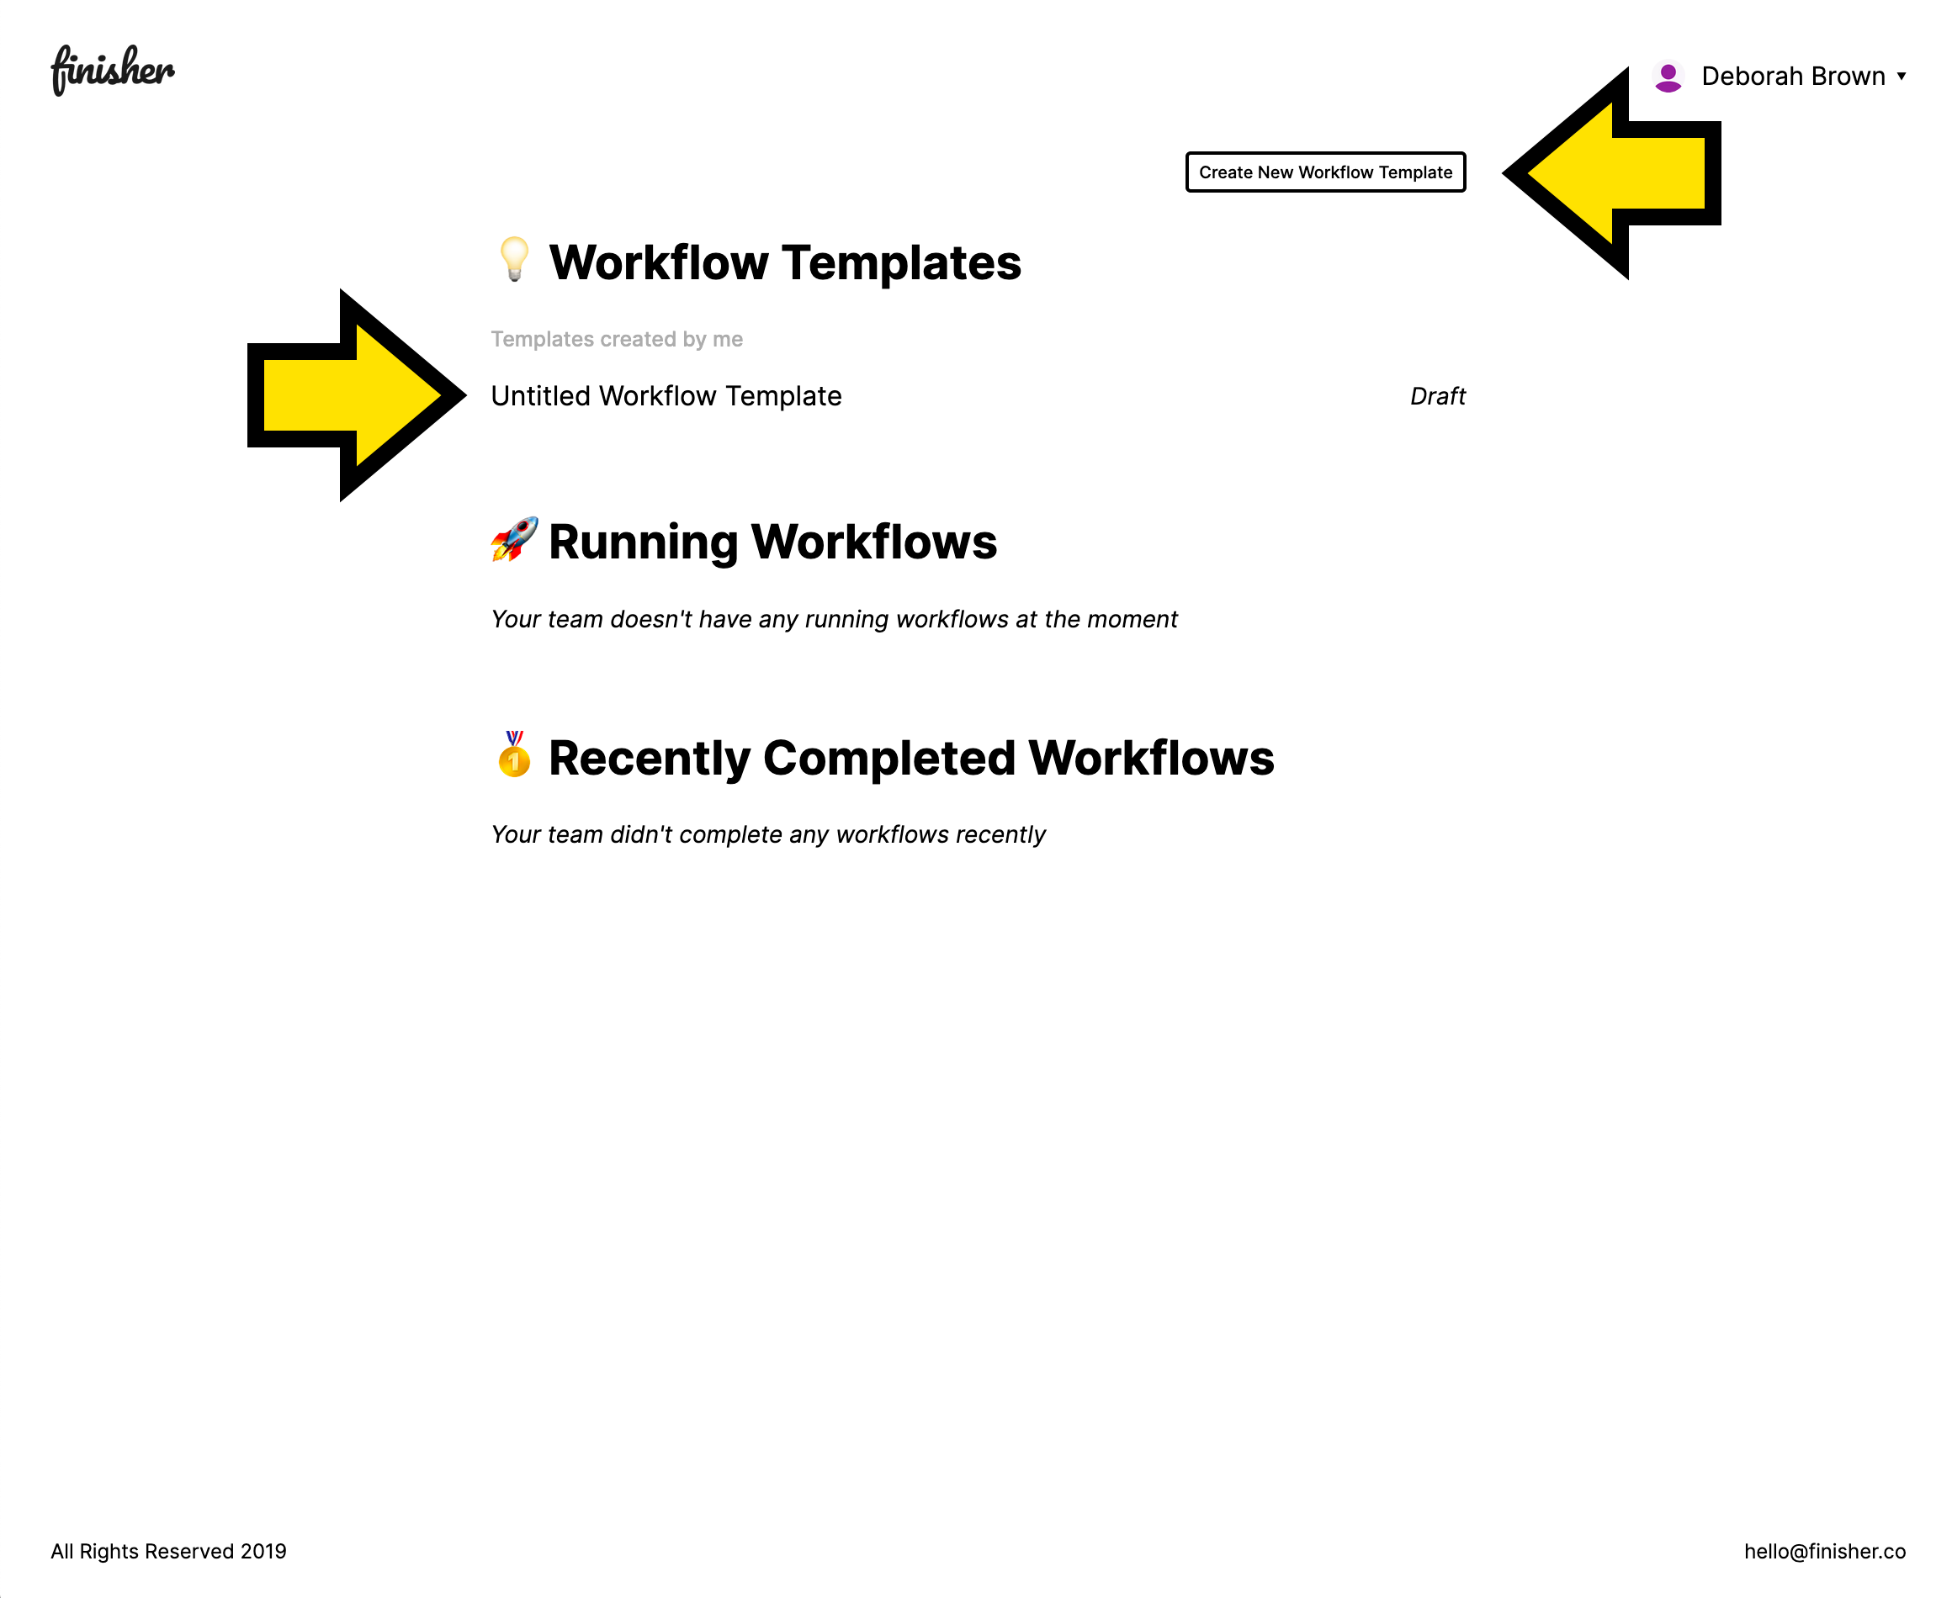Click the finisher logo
tap(113, 70)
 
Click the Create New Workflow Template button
tap(1325, 172)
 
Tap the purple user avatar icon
tap(1668, 77)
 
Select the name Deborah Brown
tap(1793, 77)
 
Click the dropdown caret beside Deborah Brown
tap(1902, 77)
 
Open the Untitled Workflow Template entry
tap(666, 396)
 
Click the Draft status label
tap(1437, 396)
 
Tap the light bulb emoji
tap(514, 260)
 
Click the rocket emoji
tap(514, 539)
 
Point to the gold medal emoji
tap(514, 754)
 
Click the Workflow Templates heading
tap(784, 262)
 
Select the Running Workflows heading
tap(772, 542)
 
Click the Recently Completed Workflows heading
tap(911, 758)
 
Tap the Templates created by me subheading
tap(617, 339)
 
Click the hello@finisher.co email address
tap(1824, 1551)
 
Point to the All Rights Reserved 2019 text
tap(168, 1551)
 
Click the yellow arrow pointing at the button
tap(1611, 173)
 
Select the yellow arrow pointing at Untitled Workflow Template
tap(358, 395)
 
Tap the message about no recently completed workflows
tap(768, 835)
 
